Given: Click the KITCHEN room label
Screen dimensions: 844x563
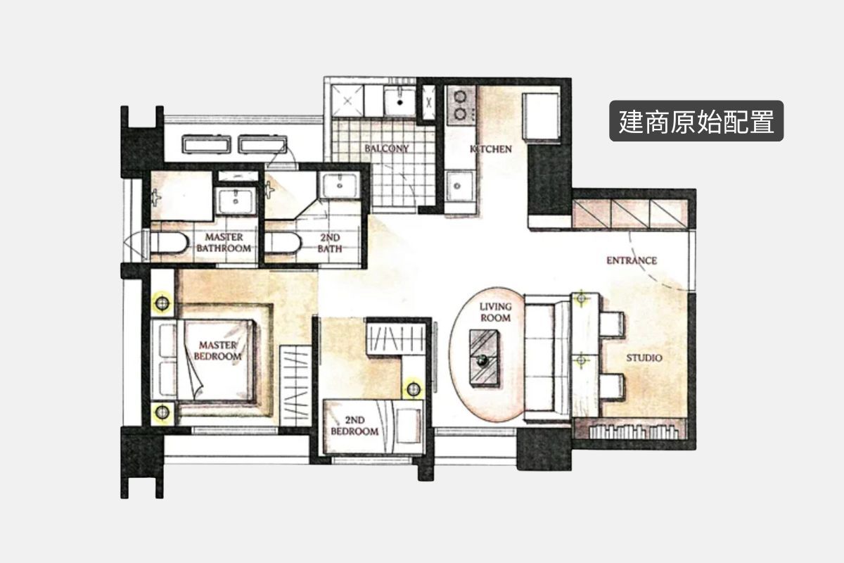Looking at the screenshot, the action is click(x=491, y=149).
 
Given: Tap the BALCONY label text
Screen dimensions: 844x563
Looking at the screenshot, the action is click(x=387, y=148).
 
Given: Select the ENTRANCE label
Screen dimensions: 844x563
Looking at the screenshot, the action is click(x=632, y=260).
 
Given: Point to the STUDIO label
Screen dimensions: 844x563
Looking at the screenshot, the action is click(x=644, y=358).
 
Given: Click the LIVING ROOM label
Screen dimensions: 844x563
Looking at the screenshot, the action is click(x=495, y=312).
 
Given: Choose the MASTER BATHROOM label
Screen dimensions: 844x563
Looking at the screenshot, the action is click(x=224, y=243).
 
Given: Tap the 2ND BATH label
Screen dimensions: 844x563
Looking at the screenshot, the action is click(x=330, y=243).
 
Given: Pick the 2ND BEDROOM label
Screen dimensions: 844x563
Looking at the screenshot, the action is click(x=354, y=426).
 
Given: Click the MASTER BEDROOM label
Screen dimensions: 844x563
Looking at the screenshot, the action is click(x=217, y=350).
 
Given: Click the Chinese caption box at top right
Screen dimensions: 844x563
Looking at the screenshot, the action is click(x=696, y=121).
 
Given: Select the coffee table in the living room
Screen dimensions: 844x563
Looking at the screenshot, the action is click(x=484, y=358).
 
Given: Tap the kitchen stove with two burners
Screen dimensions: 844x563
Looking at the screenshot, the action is click(x=461, y=105).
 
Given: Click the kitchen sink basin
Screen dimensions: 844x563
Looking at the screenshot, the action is click(x=459, y=186).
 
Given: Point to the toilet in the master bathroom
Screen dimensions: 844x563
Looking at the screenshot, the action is click(x=168, y=243).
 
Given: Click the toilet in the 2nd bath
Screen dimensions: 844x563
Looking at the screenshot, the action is click(x=283, y=243).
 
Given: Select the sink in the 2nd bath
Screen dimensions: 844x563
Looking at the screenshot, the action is click(x=339, y=185).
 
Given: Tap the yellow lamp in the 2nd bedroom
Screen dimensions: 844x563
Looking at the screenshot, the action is click(x=414, y=388).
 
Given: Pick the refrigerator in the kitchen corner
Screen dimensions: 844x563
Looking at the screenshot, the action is click(x=541, y=117).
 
